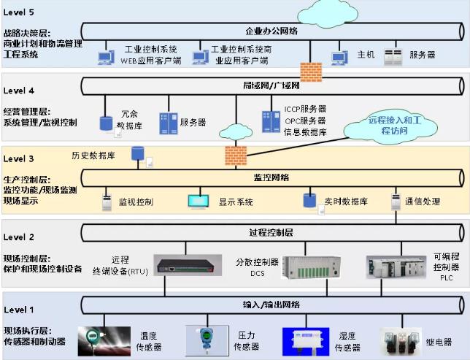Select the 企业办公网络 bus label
[x=271, y=31]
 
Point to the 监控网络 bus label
[x=271, y=177]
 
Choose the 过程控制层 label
[x=271, y=232]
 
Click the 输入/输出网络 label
[x=271, y=304]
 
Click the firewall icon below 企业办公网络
[x=311, y=72]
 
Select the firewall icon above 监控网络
[x=235, y=155]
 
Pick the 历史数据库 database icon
[x=136, y=153]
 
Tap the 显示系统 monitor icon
[x=199, y=201]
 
